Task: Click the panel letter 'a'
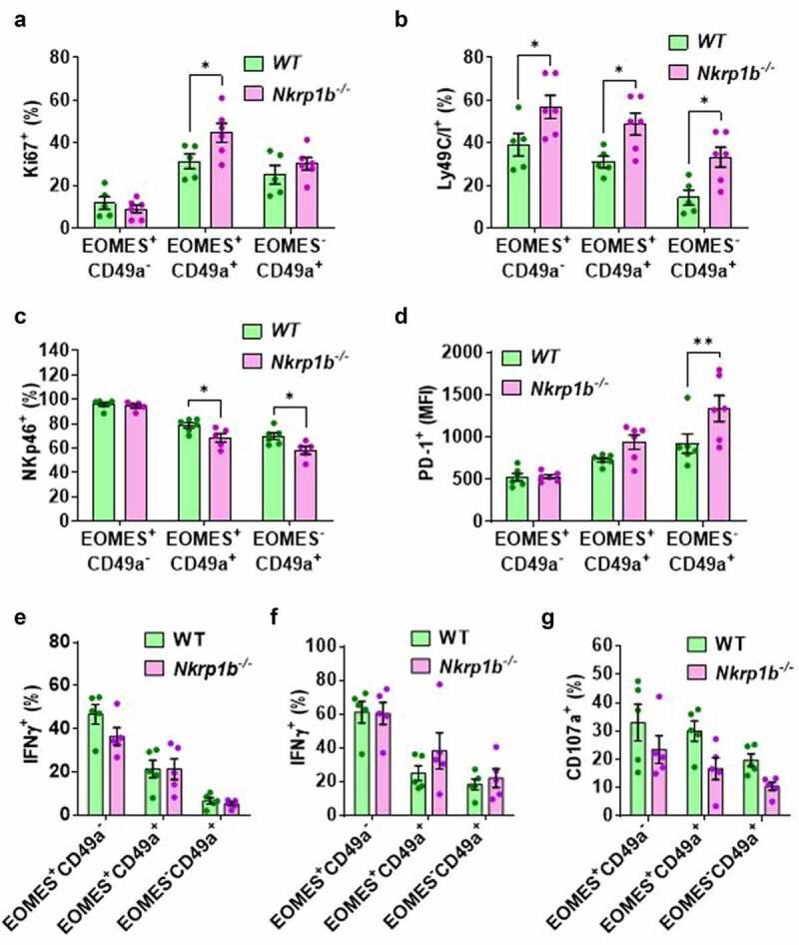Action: (x=13, y=14)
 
